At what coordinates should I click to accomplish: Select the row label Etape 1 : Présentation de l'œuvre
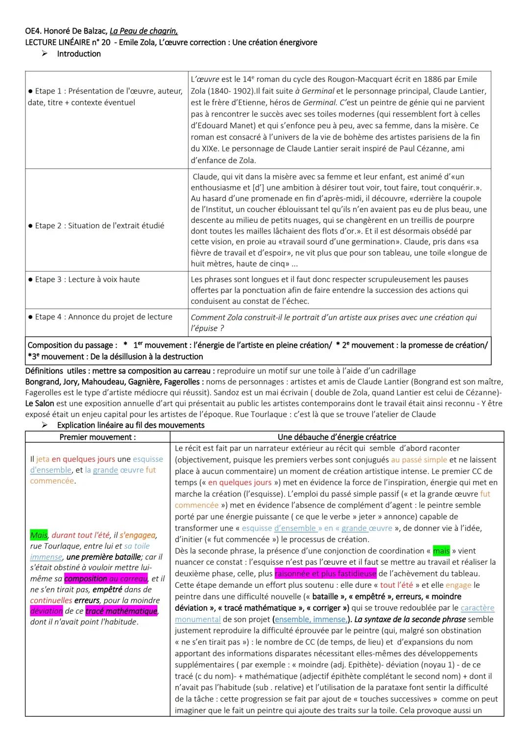pyautogui.click(x=105, y=91)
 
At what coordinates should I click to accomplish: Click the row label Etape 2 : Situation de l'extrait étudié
pyautogui.click(x=96, y=225)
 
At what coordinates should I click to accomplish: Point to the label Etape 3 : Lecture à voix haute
pyautogui.click(x=84, y=279)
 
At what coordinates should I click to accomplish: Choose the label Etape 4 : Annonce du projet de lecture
pyautogui.click(x=100, y=317)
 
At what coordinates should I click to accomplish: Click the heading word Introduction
pyautogui.click(x=79, y=54)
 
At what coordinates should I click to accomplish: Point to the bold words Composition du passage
pyautogui.click(x=72, y=345)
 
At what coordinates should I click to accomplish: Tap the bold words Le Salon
pyautogui.click(x=40, y=404)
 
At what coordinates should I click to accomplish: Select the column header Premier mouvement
pyautogui.click(x=97, y=437)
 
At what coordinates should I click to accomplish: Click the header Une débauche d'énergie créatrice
pyautogui.click(x=337, y=437)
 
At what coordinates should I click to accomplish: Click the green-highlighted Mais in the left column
pyautogui.click(x=39, y=535)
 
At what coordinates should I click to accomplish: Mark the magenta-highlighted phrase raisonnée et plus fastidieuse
pyautogui.click(x=325, y=574)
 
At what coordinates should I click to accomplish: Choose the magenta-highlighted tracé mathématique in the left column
pyautogui.click(x=121, y=611)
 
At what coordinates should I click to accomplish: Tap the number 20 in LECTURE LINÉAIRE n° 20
pyautogui.click(x=105, y=43)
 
